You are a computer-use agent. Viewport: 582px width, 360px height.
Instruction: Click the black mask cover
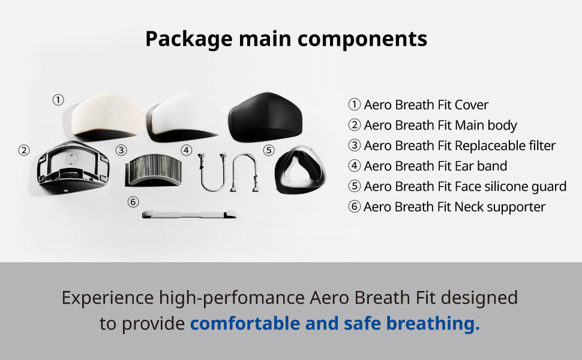(265, 116)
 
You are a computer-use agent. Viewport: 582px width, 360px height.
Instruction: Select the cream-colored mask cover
(106, 116)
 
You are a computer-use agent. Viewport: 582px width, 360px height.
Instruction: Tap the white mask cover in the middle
(184, 116)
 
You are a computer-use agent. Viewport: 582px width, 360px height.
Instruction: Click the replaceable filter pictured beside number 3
(153, 170)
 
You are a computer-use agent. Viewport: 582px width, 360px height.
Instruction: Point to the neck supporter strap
(189, 214)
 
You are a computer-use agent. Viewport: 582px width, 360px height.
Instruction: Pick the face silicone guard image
(300, 170)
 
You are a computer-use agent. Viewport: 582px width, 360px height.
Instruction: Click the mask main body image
(73, 167)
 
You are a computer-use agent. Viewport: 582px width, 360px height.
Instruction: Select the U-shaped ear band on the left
(212, 172)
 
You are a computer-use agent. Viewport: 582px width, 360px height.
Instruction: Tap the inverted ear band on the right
(244, 172)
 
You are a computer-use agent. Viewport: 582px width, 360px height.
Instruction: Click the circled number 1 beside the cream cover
(58, 100)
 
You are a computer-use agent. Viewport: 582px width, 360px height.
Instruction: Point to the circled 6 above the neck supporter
(133, 202)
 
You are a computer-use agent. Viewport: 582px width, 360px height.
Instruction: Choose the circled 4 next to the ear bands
(187, 151)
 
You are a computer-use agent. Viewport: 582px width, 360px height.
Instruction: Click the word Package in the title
(188, 39)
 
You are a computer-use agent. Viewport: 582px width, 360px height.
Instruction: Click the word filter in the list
(542, 145)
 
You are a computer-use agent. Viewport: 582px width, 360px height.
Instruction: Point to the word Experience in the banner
(107, 298)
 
